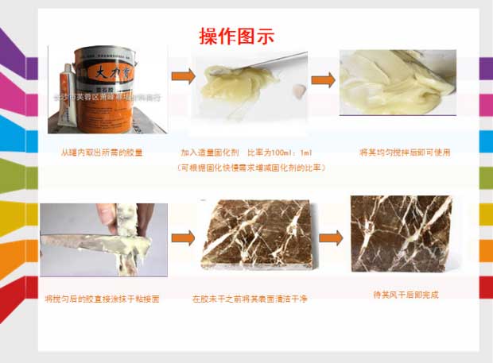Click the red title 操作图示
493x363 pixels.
pyautogui.click(x=236, y=36)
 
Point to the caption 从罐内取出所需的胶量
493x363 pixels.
pyautogui.click(x=102, y=152)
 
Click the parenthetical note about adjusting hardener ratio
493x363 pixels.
pyautogui.click(x=251, y=168)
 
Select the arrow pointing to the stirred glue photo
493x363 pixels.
pyautogui.click(x=321, y=80)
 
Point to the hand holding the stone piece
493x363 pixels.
pyautogui.click(x=146, y=219)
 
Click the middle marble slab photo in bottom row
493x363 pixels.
pyautogui.click(x=251, y=237)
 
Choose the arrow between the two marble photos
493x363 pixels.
pyautogui.click(x=330, y=237)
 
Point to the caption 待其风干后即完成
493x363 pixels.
pyautogui.click(x=406, y=295)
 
